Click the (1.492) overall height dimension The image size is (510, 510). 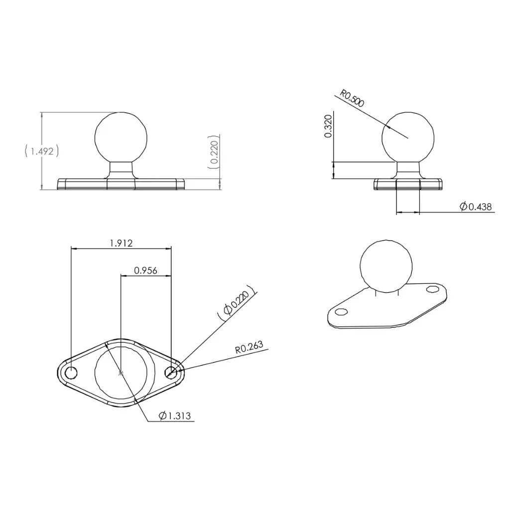42,151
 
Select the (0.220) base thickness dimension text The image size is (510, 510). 213,152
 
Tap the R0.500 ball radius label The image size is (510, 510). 352,98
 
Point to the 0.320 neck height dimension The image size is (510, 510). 328,126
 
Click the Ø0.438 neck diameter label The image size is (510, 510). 476,207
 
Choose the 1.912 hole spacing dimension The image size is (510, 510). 122,243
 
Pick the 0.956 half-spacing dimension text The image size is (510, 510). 145,270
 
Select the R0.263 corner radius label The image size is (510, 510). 249,347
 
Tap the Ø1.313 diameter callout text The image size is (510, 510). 175,416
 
